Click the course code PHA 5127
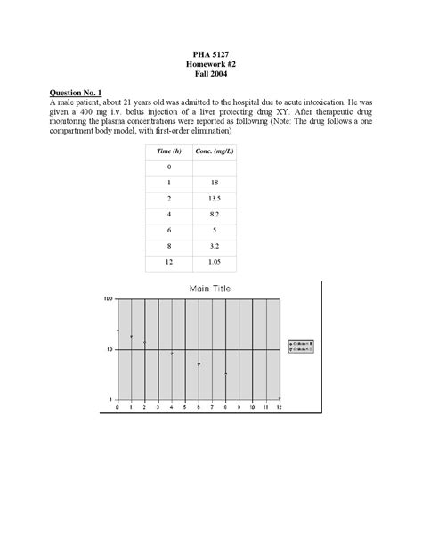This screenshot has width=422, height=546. tap(211, 55)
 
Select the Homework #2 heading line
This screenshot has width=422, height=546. tap(211, 65)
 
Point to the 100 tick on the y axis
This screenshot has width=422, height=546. tap(110, 300)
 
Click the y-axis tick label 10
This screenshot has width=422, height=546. tap(110, 350)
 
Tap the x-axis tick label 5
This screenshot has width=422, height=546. tap(185, 407)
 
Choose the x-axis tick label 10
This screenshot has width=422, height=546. tap(253, 407)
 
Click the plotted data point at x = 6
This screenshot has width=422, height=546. tap(199, 364)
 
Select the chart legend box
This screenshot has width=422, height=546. tap(305, 346)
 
